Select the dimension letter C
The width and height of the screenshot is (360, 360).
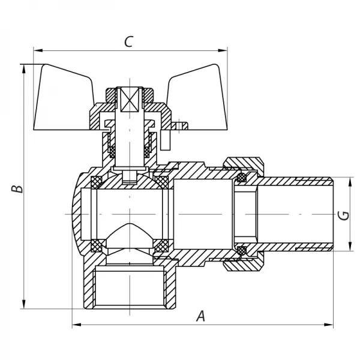128,41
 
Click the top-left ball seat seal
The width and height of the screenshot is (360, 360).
96,180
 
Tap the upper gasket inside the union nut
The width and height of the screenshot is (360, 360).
242,178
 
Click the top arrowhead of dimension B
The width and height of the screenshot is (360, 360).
24,67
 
